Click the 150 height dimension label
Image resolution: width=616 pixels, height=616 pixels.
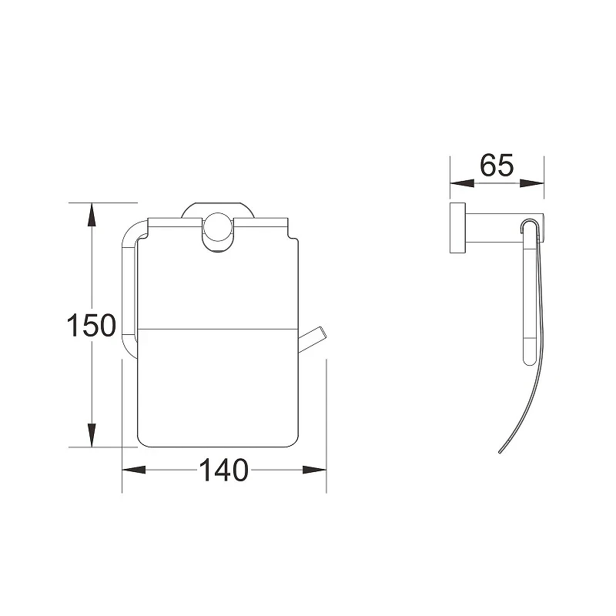92,325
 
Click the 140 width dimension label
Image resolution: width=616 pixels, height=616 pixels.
224,470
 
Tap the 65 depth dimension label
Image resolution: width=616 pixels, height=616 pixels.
497,166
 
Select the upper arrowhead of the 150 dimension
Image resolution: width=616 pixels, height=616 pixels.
92,215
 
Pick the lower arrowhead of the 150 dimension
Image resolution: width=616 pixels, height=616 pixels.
92,435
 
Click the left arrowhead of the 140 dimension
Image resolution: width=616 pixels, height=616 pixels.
134,470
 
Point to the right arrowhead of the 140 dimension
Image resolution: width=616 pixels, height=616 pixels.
315,470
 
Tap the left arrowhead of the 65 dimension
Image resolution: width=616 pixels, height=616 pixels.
462,183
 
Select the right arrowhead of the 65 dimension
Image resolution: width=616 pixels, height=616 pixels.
532,183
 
